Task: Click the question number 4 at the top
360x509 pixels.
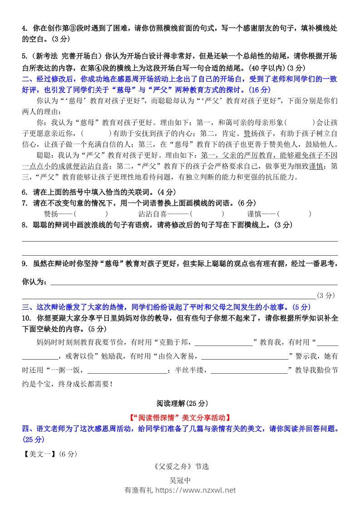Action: [24, 28]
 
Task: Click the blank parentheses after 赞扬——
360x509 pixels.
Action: [91, 214]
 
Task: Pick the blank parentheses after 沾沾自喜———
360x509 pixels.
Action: [207, 214]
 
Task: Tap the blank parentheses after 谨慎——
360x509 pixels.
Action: [294, 214]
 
